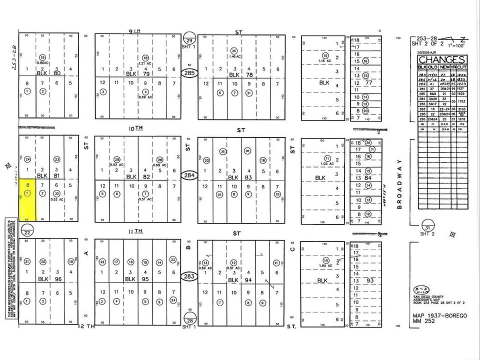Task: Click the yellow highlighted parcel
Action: coord(27,200)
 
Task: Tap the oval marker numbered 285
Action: coord(189,73)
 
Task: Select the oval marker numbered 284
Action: coord(189,175)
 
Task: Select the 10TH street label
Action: coord(135,128)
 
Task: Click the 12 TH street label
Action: coord(86,326)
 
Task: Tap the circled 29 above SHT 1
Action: coord(189,40)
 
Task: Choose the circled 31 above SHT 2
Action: coord(427,226)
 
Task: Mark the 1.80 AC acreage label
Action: coord(325,266)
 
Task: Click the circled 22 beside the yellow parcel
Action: coord(27,232)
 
